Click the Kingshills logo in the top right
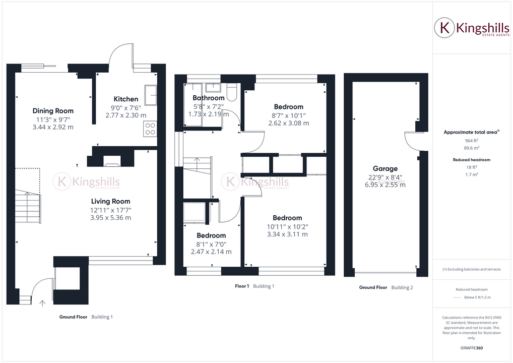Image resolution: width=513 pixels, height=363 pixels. tap(472, 28)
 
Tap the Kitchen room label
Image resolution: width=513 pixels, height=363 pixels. tap(125, 99)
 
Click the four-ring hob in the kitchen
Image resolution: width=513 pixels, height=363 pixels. tap(150, 129)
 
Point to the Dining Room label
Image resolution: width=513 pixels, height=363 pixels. tap(53, 111)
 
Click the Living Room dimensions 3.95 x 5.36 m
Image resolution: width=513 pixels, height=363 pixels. tap(110, 218)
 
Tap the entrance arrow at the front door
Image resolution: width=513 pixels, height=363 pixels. tap(42, 302)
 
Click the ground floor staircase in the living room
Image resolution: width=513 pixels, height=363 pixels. tap(27, 207)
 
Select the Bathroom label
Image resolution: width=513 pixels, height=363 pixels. tap(208, 98)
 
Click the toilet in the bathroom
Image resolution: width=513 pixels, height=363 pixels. tap(232, 92)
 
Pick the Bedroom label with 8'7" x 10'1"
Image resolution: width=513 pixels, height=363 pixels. tap(288, 107)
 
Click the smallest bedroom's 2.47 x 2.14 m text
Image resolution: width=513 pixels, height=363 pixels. tap(211, 252)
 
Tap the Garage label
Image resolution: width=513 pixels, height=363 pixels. tap(385, 168)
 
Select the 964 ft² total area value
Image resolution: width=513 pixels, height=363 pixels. tap(472, 141)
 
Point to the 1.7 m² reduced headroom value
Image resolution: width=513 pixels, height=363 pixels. tap(472, 174)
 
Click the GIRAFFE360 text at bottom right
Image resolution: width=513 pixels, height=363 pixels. tap(472, 348)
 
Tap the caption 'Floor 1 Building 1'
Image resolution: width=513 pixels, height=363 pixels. tap(254, 286)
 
